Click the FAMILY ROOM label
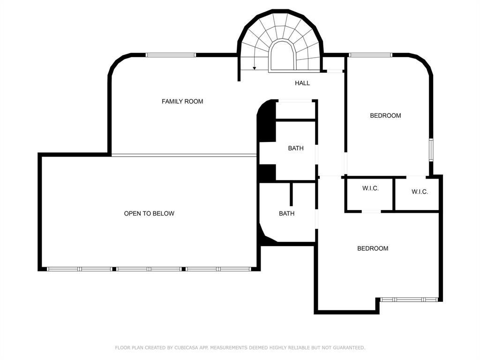[x=182, y=101]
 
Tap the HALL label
[x=302, y=83]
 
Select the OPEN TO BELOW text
[x=149, y=213]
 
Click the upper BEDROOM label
[x=385, y=115]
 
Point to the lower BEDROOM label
[x=373, y=248]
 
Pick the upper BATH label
[x=296, y=148]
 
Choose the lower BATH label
[x=286, y=213]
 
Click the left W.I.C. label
[x=370, y=188]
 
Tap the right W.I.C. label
[x=420, y=192]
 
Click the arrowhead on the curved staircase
[x=254, y=68]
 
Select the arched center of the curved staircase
[x=282, y=56]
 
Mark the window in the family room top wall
[x=171, y=55]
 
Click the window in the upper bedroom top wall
[x=371, y=55]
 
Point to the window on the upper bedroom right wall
[x=431, y=150]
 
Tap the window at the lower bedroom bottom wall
[x=409, y=300]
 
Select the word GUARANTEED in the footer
[x=349, y=347]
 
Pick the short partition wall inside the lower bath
[x=291, y=195]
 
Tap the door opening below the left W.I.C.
[x=371, y=211]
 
